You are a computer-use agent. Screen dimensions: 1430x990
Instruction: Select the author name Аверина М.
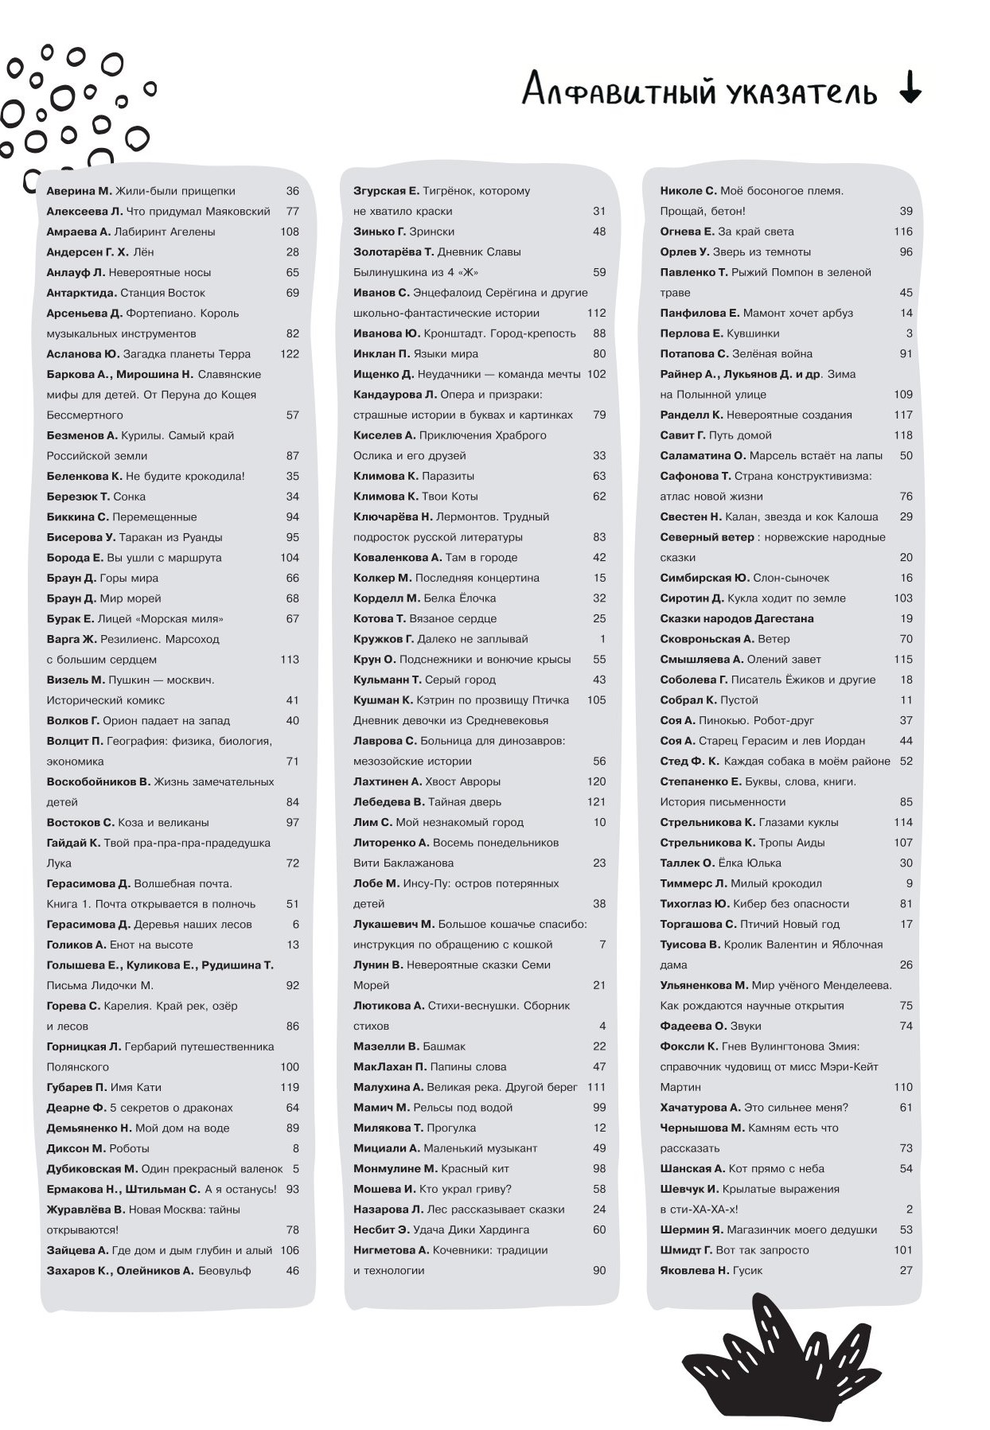pyautogui.click(x=79, y=191)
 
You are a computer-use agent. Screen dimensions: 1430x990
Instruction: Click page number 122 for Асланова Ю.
pyautogui.click(x=289, y=354)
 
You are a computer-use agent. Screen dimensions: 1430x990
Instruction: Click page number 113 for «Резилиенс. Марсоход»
pyautogui.click(x=289, y=660)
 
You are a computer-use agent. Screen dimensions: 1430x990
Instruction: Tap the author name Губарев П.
pyautogui.click(x=76, y=1087)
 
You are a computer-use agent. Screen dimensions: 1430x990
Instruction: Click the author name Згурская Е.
pyautogui.click(x=386, y=191)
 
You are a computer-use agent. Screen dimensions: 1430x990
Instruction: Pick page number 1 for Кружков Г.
pyautogui.click(x=602, y=639)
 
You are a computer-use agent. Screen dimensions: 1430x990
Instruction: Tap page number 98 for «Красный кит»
pyautogui.click(x=599, y=1169)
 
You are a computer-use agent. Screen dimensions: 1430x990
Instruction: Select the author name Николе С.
pyautogui.click(x=688, y=191)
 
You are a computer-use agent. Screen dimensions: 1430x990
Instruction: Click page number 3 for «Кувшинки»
pyautogui.click(x=909, y=333)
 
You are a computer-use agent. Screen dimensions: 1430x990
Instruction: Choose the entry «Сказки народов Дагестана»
pyautogui.click(x=736, y=618)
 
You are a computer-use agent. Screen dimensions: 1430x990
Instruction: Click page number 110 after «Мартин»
pyautogui.click(x=903, y=1087)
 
